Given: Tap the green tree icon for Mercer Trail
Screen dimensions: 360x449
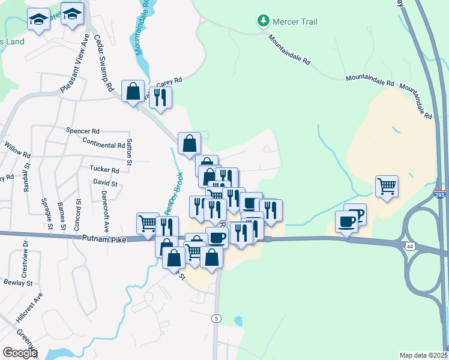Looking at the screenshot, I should [x=263, y=22].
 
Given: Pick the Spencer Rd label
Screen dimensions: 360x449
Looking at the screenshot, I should [x=83, y=130].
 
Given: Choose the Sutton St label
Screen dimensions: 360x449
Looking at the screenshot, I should [x=129, y=149].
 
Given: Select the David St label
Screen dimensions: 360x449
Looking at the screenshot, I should [x=105, y=182].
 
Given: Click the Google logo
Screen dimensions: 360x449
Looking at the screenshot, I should [x=20, y=353].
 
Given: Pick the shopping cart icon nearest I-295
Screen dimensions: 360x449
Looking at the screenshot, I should [x=387, y=185].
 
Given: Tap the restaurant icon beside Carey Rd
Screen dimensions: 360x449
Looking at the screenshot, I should [x=160, y=97].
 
